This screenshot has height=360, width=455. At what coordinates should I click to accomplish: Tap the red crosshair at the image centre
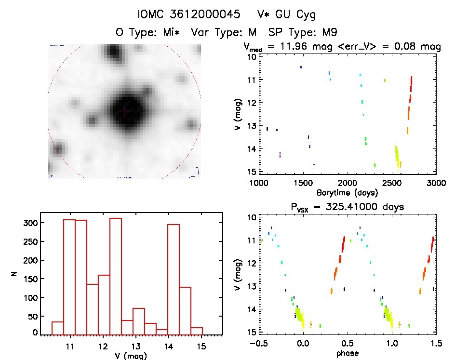124,111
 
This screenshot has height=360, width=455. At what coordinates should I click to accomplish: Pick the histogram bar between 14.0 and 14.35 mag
174,280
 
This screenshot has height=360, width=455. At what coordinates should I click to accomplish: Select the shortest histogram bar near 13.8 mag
162,332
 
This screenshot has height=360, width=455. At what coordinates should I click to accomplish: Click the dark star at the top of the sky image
113,51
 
